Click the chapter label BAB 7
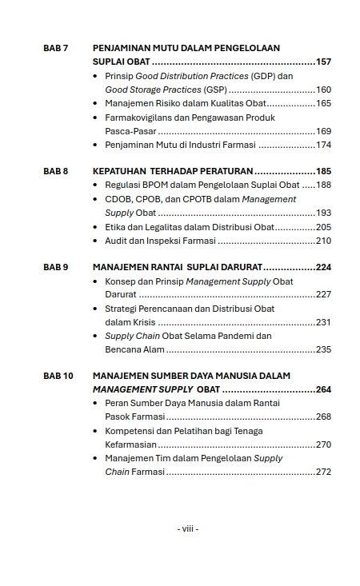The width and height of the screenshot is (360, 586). point(55,48)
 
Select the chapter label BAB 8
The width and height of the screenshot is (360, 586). point(55,171)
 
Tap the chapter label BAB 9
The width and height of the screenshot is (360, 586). point(55,267)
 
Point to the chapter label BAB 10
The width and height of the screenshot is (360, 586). point(58,375)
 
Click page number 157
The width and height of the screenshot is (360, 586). point(323,62)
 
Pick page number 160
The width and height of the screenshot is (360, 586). point(323,90)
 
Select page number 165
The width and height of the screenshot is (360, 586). point(323,103)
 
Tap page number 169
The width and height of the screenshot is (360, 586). point(323,131)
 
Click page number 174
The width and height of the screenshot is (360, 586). point(323,145)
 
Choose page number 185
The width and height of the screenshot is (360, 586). point(323,171)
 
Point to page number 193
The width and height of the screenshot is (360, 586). point(323,213)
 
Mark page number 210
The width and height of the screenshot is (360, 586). point(323,240)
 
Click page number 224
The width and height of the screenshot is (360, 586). point(323,267)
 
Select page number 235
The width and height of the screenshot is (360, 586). point(323,349)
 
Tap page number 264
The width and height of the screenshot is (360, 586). point(323,389)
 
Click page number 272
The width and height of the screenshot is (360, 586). point(323,472)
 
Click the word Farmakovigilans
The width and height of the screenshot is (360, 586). point(140,118)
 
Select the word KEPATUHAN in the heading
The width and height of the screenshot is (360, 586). point(119,171)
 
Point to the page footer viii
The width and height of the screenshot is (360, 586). point(187,528)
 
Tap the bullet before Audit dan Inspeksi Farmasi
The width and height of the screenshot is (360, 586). point(96,240)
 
